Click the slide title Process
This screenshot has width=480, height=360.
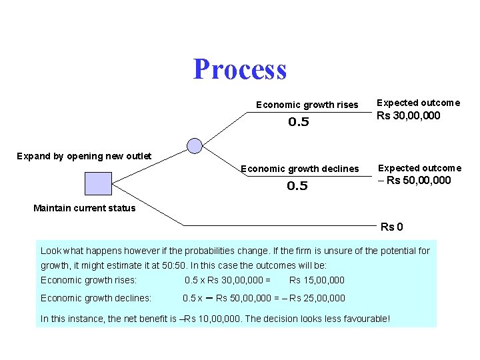click(240, 69)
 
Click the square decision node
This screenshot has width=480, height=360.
click(98, 183)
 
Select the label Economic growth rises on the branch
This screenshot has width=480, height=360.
click(307, 105)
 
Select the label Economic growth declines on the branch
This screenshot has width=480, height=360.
click(299, 169)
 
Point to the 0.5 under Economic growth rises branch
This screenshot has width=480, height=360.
click(299, 122)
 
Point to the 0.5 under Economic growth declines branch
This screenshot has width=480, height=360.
click(297, 186)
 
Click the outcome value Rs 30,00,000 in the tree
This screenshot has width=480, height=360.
click(409, 116)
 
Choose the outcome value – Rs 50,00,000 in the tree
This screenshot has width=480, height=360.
click(415, 181)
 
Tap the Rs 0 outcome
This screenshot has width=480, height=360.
click(391, 227)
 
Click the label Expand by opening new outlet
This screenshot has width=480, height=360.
click(84, 156)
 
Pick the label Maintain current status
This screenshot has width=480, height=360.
click(84, 208)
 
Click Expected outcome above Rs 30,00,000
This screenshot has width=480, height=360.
click(418, 103)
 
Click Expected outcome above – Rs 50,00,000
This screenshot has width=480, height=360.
click(419, 168)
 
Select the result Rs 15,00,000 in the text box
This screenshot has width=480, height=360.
click(317, 280)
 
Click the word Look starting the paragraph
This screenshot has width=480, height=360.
click(51, 251)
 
